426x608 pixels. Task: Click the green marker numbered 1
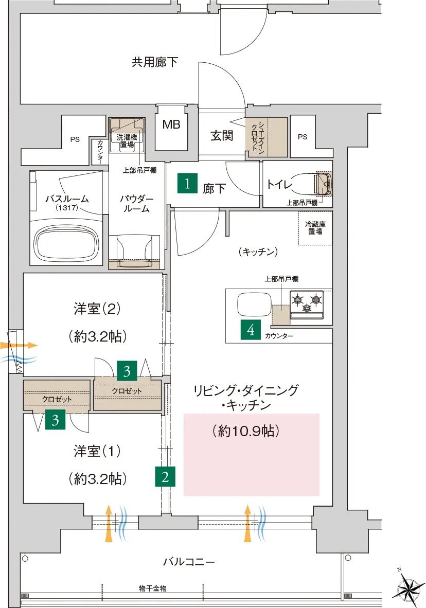click(187, 184)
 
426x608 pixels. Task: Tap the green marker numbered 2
click(165, 476)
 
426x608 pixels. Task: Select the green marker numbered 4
click(251, 330)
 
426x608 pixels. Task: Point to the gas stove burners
click(307, 301)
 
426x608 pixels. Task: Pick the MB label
click(171, 124)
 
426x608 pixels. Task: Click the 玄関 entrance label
click(221, 136)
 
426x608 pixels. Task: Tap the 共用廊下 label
click(154, 62)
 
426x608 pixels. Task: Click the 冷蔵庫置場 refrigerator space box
click(315, 228)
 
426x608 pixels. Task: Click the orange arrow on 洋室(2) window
click(12, 344)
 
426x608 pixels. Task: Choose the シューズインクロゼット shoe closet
click(267, 137)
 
